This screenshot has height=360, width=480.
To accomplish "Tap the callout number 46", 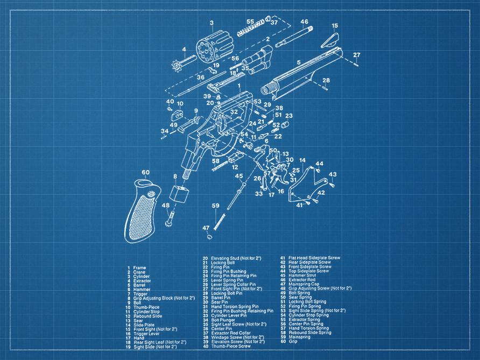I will [304, 22].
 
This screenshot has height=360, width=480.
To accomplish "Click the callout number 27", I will [356, 55].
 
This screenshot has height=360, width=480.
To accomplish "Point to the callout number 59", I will [215, 206].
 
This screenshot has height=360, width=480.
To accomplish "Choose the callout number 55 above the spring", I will [250, 22].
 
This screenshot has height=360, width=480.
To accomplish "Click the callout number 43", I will [333, 174].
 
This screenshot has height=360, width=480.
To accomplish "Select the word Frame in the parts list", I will [139, 267].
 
